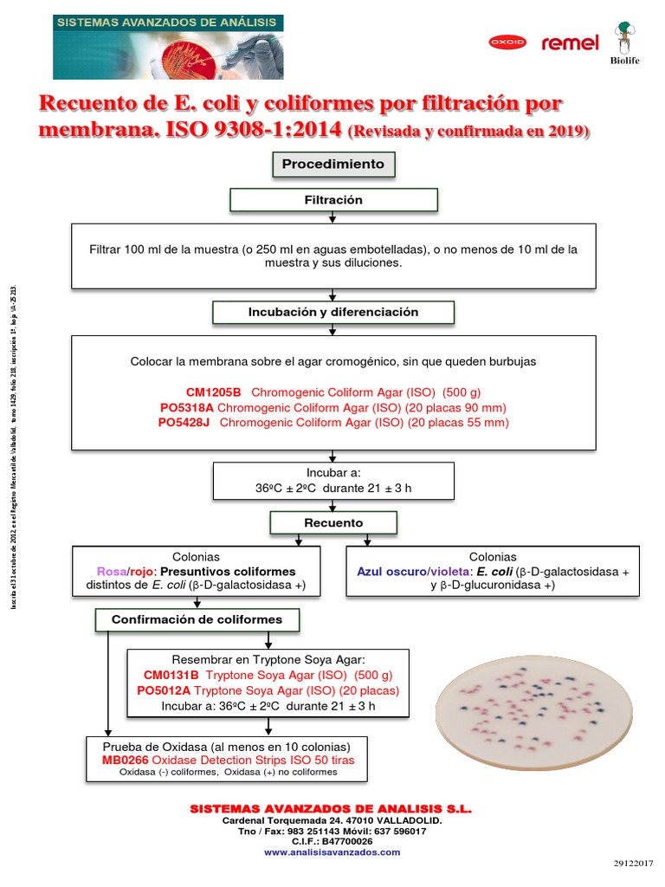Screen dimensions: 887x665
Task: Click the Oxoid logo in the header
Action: click(x=507, y=42)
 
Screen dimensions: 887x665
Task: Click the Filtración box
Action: click(x=333, y=200)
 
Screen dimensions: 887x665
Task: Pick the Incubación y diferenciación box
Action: click(x=333, y=312)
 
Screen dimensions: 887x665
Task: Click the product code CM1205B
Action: click(x=214, y=392)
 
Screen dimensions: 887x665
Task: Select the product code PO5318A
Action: click(x=187, y=407)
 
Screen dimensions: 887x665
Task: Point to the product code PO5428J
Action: click(x=184, y=423)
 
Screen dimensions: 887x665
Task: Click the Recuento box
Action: click(x=333, y=523)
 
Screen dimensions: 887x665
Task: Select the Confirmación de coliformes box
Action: click(x=197, y=619)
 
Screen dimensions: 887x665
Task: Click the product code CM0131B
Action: click(x=171, y=675)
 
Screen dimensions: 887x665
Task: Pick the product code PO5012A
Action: click(x=165, y=690)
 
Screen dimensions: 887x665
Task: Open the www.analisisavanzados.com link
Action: click(x=332, y=851)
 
